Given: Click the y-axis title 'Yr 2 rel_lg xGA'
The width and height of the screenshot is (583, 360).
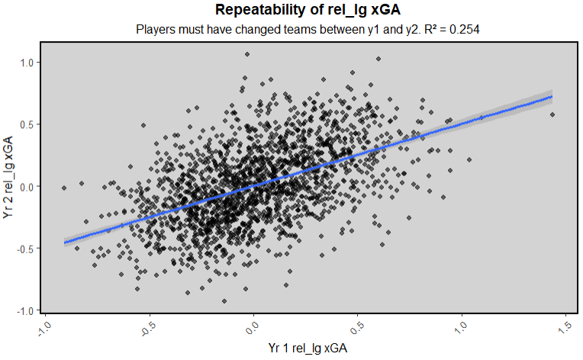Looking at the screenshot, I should tap(8, 177).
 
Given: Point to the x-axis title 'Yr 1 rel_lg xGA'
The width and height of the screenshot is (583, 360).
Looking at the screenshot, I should tap(309, 348).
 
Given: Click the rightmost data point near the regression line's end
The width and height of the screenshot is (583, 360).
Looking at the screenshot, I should tap(552, 114).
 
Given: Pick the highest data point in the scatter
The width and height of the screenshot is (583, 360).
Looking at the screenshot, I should tap(246, 54).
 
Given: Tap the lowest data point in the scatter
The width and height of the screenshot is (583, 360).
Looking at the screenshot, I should tap(224, 301).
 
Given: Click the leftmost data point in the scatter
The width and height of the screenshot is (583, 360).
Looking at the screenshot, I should tap(64, 188).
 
